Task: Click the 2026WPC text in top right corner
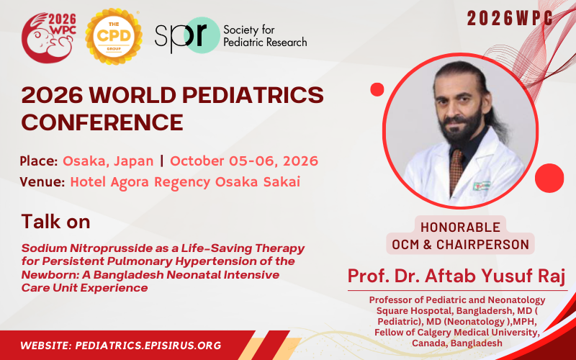tap(510, 19)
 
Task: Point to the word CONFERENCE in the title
tap(102, 122)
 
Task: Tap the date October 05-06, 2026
tap(244, 161)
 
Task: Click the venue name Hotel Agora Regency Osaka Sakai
tap(185, 181)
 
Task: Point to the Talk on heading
tap(56, 220)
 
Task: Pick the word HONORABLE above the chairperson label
tap(460, 226)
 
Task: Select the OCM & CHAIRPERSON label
tap(460, 244)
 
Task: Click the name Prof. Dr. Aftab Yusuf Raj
tap(457, 275)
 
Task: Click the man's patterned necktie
tap(456, 173)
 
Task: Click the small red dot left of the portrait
tap(377, 89)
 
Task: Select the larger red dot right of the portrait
tap(549, 178)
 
